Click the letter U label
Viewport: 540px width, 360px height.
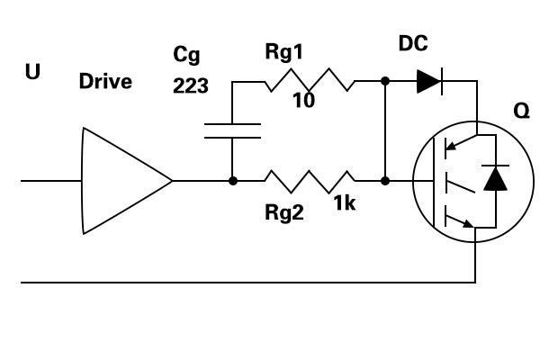pos(32,72)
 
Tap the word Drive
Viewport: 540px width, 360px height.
pos(105,82)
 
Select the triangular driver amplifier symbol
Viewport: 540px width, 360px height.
pos(127,181)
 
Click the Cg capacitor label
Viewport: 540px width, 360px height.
pos(186,55)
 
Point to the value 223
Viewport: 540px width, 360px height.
pos(191,85)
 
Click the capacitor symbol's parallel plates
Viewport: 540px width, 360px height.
pos(232,130)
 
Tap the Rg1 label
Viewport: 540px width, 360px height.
pos(284,52)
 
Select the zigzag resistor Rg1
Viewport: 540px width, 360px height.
pos(310,80)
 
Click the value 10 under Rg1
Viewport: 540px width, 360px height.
pos(303,101)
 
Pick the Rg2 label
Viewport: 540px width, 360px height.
pos(284,212)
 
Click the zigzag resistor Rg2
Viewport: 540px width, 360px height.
pos(310,181)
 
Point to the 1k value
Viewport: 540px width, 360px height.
pos(345,202)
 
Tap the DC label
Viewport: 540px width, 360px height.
pos(413,43)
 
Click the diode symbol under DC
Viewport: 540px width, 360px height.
pos(429,81)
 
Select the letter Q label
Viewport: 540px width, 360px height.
pos(521,112)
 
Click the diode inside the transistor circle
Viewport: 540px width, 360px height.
pos(495,178)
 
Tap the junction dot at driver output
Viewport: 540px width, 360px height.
pos(233,181)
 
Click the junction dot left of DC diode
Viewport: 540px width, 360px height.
pos(385,81)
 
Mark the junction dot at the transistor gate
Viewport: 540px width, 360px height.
pos(385,181)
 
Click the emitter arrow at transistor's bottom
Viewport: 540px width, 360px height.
pos(461,222)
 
